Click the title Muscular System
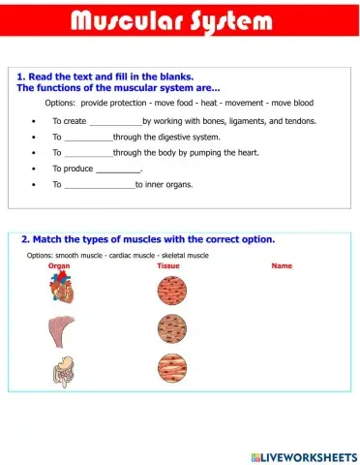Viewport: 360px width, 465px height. point(179,21)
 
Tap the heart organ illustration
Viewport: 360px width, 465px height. point(59,288)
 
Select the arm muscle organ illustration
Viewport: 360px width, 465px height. point(59,330)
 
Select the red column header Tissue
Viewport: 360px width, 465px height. point(168,265)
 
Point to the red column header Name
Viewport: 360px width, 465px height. point(282,265)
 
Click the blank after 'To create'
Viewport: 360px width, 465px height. point(115,123)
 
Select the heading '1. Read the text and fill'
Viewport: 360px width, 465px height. point(105,77)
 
